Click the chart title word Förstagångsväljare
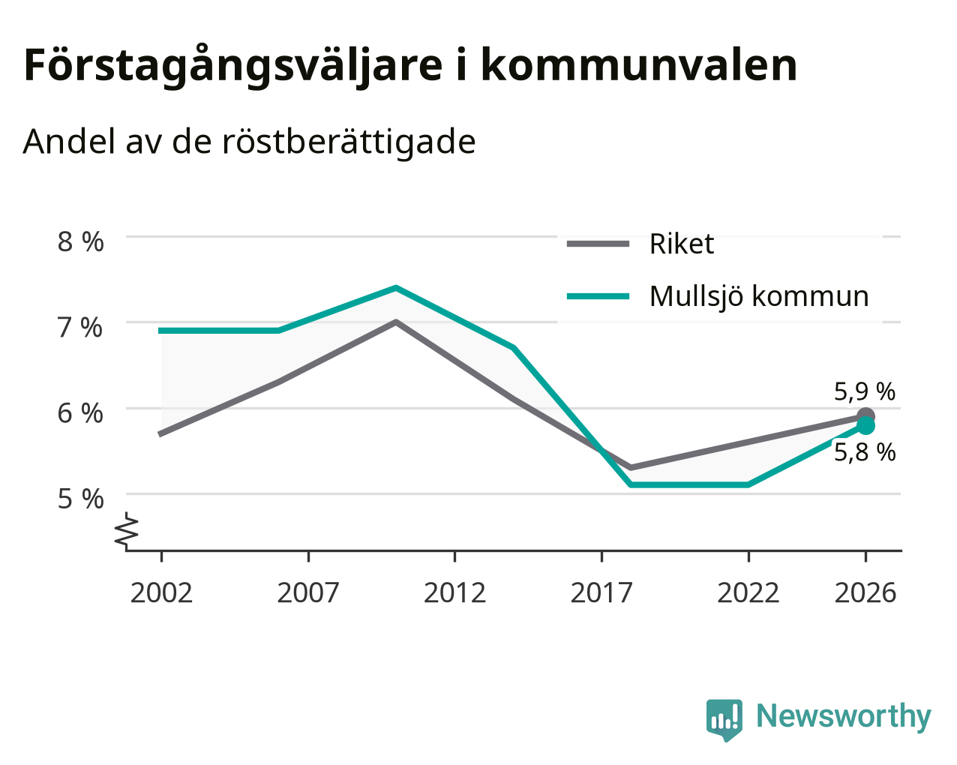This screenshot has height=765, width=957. [233, 66]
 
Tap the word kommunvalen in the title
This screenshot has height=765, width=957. [638, 65]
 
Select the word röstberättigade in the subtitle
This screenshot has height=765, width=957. [349, 142]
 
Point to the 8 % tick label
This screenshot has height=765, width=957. [80, 242]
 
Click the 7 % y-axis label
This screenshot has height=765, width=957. [80, 328]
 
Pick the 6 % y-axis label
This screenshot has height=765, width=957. [80, 414]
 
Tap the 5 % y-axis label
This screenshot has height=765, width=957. [80, 499]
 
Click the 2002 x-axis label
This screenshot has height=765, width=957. [161, 592]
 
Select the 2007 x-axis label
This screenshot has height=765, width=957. [308, 592]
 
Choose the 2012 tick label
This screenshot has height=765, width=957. [455, 592]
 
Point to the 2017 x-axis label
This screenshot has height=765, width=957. [601, 592]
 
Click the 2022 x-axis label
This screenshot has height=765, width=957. [748, 592]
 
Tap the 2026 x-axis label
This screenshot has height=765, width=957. [865, 592]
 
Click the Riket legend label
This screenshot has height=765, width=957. [682, 244]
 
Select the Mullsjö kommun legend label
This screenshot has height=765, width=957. [759, 296]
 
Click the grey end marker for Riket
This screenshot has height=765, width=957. [865, 415]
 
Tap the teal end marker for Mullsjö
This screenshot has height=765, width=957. [865, 426]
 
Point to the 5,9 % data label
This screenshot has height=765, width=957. [865, 391]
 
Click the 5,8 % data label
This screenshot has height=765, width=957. [865, 453]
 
